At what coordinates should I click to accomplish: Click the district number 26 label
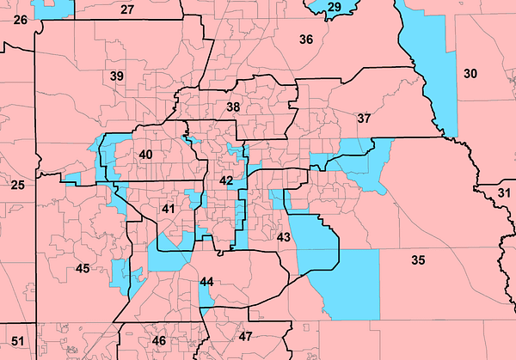coord(21,19)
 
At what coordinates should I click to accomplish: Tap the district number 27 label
coord(127,9)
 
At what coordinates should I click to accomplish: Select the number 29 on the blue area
coord(334,8)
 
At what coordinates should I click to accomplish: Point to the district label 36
coord(306,40)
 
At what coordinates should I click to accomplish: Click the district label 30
coord(470,73)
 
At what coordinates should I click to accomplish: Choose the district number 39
coord(117,76)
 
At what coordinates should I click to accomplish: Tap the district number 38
coord(233,107)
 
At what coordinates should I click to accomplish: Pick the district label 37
coord(364,118)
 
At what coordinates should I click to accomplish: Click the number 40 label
coord(145,155)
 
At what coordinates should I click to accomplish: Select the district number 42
coord(225,181)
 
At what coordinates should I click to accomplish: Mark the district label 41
coord(169,209)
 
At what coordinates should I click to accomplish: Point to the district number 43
coord(284,236)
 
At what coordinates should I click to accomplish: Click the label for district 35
coord(418,259)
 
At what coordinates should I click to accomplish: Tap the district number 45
coord(83,269)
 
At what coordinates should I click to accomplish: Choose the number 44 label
coord(206,282)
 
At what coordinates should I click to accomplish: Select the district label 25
coord(18,185)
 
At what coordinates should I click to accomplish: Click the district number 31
coord(503,192)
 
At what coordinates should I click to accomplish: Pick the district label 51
coord(18,342)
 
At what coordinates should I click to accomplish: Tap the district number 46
coord(159,341)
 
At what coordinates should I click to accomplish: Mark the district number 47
coord(246,336)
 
